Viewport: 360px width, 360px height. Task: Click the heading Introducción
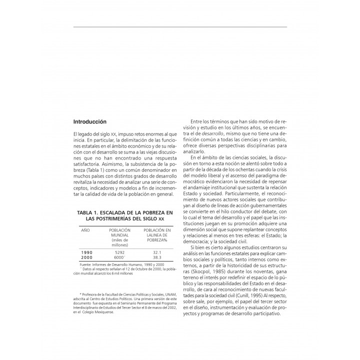click(x=90, y=121)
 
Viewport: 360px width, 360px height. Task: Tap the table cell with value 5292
click(x=119, y=252)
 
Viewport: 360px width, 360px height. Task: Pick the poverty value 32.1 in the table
click(x=158, y=252)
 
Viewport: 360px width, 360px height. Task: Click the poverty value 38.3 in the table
click(x=158, y=257)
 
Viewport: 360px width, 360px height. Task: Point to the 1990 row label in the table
click(x=86, y=252)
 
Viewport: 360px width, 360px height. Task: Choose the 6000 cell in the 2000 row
click(x=119, y=257)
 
